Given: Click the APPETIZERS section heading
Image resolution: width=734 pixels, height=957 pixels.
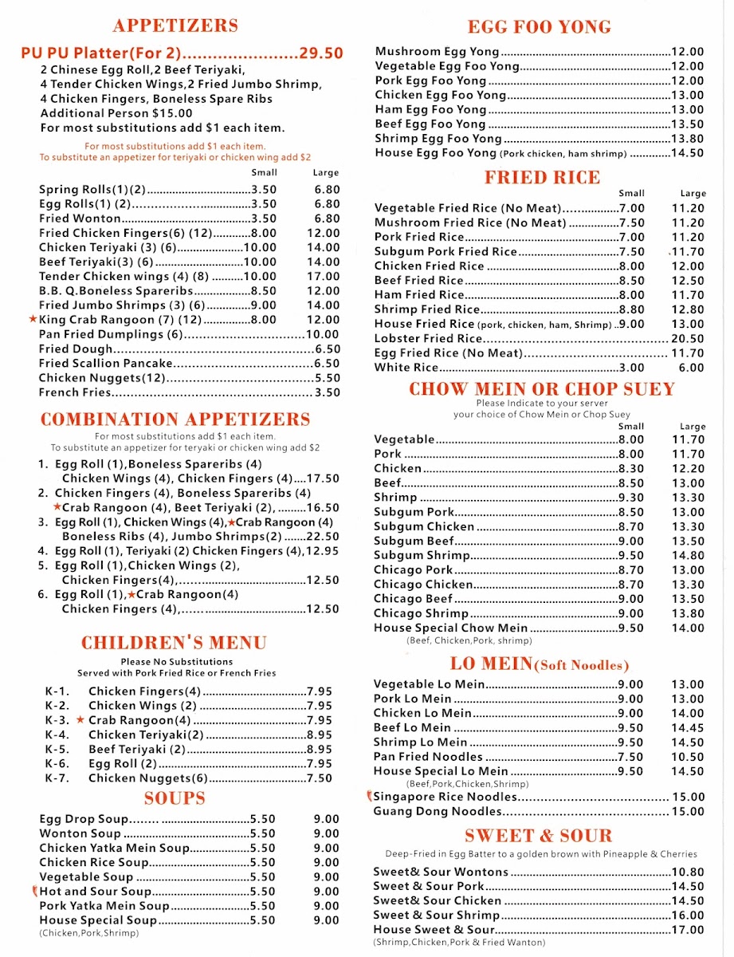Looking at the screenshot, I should (175, 26).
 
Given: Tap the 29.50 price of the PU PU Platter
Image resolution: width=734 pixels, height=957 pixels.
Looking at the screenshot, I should (321, 53).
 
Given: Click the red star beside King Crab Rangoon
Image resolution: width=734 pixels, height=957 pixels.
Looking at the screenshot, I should (33, 319).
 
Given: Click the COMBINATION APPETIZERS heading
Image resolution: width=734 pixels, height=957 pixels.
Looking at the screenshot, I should (175, 419).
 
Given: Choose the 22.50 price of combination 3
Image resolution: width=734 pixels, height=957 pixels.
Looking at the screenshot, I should (324, 537).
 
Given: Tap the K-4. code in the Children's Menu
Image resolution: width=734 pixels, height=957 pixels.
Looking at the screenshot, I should (57, 734).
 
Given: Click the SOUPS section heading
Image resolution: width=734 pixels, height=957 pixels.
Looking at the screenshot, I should (175, 798).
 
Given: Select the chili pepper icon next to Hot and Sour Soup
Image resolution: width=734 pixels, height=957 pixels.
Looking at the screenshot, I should (34, 891).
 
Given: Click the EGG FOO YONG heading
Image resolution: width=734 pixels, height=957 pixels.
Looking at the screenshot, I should (540, 27).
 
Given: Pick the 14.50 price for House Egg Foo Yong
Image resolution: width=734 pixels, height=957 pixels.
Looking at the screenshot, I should (688, 153).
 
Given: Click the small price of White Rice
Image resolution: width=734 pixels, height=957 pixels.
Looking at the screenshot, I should (632, 368).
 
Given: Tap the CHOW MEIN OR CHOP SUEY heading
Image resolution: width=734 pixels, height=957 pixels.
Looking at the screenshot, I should (542, 389).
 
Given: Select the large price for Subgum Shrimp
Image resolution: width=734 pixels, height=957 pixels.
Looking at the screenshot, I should (688, 556).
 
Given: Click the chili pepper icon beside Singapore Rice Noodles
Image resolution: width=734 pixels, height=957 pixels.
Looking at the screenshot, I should (369, 796).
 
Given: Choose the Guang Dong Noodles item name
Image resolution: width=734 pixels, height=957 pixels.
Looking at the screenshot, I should (438, 812).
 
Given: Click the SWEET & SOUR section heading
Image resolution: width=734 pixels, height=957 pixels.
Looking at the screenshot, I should (539, 836).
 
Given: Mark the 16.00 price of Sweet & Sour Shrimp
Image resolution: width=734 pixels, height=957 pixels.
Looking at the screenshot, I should (688, 916).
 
